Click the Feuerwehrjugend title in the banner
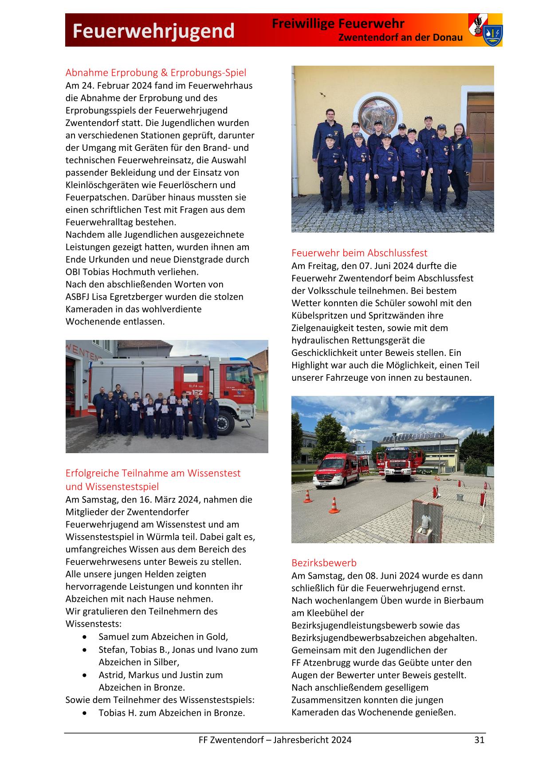[153, 31]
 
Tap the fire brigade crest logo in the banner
[485, 30]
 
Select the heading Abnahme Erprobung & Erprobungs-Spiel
[156, 72]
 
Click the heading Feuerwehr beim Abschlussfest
[359, 253]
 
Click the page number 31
[479, 740]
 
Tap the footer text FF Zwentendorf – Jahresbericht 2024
[275, 740]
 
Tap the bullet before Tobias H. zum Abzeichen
[85, 713]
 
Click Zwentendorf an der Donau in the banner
[400, 38]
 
